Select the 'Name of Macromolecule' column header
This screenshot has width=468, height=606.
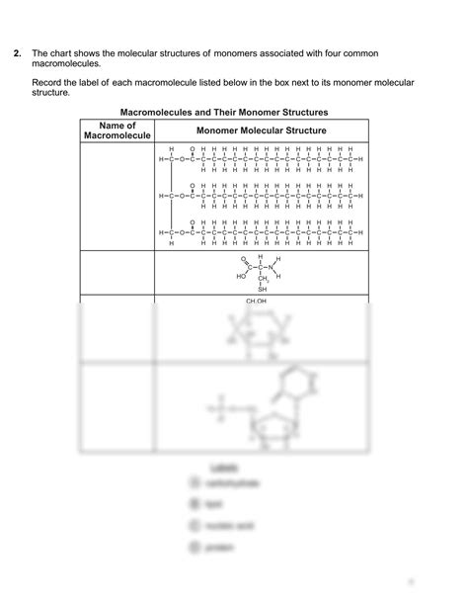coord(117,130)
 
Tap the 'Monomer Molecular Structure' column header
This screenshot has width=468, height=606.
coord(262,130)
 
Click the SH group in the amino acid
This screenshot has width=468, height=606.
coord(263,290)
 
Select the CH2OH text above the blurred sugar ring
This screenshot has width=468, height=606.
coord(257,300)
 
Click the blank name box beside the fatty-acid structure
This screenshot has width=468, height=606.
coord(117,196)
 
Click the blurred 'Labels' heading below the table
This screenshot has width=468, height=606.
coord(223,465)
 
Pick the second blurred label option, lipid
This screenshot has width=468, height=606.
coord(212,504)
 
